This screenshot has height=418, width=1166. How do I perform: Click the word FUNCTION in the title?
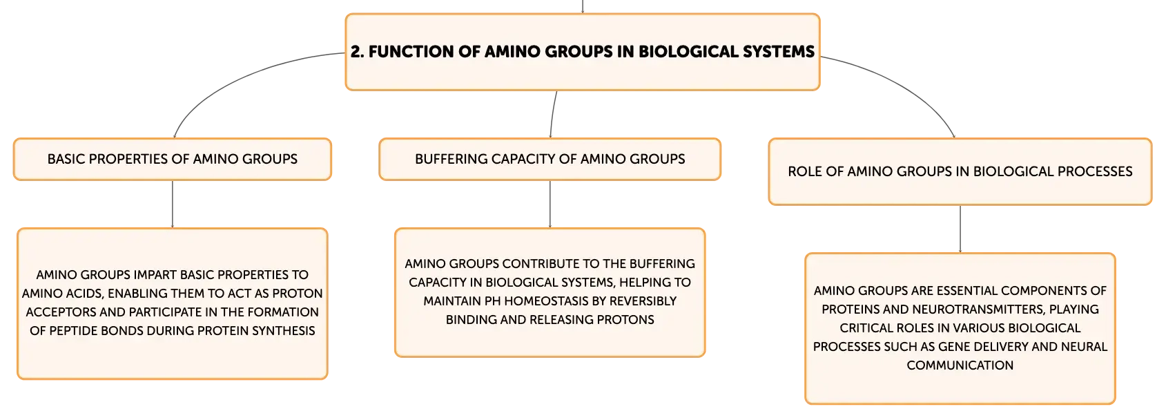(x=411, y=52)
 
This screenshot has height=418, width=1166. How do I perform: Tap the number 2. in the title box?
(x=357, y=52)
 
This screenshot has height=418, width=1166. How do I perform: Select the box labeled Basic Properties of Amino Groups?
(x=173, y=159)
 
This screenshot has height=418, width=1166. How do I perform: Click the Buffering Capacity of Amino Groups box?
(x=550, y=159)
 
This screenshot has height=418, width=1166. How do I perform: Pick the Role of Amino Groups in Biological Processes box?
(x=960, y=171)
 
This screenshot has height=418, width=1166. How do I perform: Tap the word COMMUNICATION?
(x=960, y=366)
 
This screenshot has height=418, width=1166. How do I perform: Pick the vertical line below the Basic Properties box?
(x=173, y=205)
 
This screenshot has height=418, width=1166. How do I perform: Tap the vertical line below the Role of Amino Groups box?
(x=960, y=229)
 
